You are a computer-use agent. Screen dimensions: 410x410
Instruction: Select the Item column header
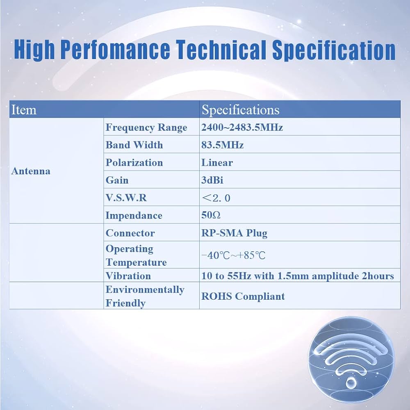tap(24, 110)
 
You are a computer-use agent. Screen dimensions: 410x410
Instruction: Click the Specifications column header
tap(241, 110)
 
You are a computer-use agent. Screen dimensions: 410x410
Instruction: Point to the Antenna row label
tap(31, 171)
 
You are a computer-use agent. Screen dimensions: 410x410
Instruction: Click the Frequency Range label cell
tap(146, 128)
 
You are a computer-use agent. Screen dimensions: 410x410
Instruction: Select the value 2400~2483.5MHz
tap(242, 128)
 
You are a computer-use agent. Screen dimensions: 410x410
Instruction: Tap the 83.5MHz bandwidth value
tap(222, 145)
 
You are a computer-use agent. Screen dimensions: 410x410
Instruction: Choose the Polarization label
tap(134, 163)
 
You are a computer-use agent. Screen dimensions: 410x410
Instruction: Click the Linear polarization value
tap(217, 163)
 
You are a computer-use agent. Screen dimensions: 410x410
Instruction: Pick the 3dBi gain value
tap(212, 180)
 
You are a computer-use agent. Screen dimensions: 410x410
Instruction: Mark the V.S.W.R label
tap(126, 198)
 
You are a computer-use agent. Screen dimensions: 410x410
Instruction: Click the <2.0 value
tap(216, 198)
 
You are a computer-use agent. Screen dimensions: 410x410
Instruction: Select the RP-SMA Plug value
tap(234, 233)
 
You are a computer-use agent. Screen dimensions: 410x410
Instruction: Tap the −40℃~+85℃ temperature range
tap(233, 255)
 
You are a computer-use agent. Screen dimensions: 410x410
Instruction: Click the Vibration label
tap(128, 276)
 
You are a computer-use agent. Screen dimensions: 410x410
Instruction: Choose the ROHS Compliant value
tap(243, 296)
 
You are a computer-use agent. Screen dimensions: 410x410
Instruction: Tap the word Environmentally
tap(145, 289)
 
